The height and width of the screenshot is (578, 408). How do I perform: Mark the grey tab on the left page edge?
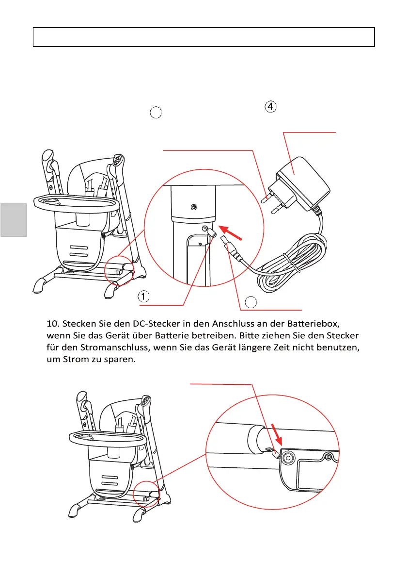click(14, 220)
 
